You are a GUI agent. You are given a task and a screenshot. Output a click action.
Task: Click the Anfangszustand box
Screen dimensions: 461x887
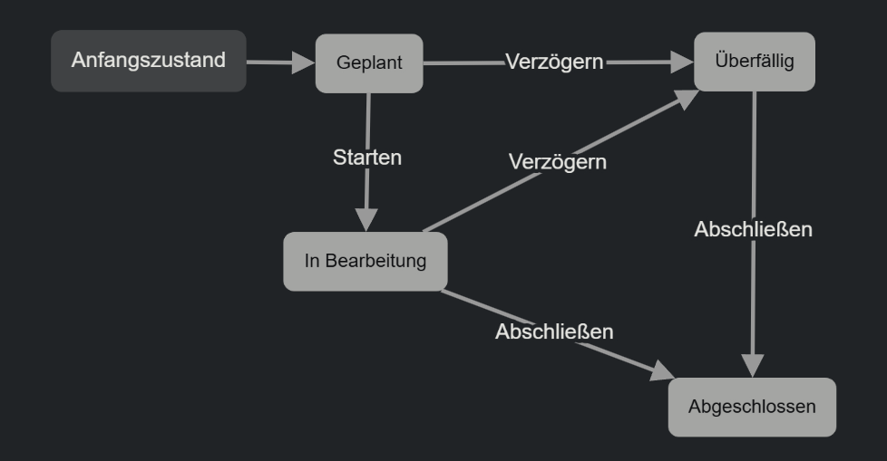(x=148, y=61)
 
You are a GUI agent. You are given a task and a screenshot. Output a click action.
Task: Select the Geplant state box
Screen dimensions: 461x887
(x=369, y=63)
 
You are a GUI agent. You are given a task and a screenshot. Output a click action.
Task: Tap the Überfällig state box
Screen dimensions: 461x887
(x=755, y=62)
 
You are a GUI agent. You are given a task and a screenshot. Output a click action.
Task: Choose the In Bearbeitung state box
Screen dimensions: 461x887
(x=366, y=262)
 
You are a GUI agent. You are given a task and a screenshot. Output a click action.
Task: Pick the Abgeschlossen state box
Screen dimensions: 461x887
(x=752, y=407)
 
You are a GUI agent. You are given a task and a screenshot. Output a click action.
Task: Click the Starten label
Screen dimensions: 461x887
(x=367, y=157)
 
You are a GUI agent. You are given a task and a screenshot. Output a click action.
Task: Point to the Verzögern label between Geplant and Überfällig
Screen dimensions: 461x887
(x=554, y=62)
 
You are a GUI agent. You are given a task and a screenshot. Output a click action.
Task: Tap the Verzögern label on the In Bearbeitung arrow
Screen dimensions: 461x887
(x=557, y=162)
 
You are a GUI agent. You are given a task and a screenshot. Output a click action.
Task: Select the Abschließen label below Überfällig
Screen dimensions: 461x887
(x=753, y=229)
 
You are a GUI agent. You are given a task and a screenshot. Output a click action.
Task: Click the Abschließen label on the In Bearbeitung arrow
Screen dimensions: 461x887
(x=554, y=331)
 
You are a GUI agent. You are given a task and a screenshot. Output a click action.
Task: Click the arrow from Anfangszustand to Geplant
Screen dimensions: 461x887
(x=272, y=63)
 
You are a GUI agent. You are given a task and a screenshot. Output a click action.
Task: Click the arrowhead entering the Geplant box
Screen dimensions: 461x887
(x=304, y=63)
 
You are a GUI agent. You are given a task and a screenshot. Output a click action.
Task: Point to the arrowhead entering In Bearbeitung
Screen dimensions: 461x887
(x=366, y=220)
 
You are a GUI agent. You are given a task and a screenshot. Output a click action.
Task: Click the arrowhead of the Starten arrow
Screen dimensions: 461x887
(x=366, y=220)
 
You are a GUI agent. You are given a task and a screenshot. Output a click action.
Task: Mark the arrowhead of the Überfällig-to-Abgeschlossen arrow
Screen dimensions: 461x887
(x=753, y=365)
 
